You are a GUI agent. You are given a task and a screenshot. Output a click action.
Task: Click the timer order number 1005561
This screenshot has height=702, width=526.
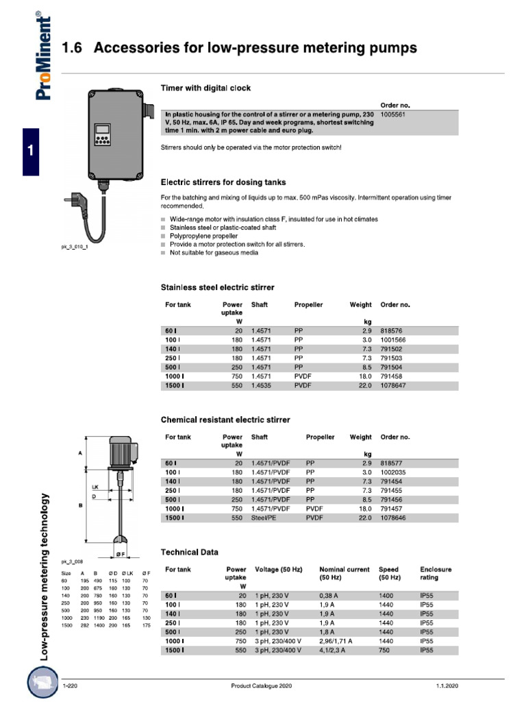(394, 114)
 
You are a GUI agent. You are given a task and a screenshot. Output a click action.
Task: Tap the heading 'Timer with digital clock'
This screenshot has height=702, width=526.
(205, 88)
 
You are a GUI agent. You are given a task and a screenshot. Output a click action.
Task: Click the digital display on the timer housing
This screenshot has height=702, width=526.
(103, 129)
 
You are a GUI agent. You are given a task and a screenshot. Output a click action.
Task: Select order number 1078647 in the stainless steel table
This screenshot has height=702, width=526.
(395, 386)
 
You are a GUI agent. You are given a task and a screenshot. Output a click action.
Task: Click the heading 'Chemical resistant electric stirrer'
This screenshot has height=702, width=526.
(225, 420)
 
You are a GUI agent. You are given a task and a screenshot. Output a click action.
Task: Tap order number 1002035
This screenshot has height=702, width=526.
(395, 472)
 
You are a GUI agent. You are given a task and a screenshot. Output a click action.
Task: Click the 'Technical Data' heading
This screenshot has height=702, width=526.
(190, 552)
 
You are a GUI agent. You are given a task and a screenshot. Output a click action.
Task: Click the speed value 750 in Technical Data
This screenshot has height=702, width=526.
(385, 650)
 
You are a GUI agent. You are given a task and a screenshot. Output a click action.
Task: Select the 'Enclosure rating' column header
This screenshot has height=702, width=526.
(436, 573)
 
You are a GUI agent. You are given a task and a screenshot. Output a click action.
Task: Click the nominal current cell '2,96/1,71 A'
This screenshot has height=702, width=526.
(336, 641)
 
